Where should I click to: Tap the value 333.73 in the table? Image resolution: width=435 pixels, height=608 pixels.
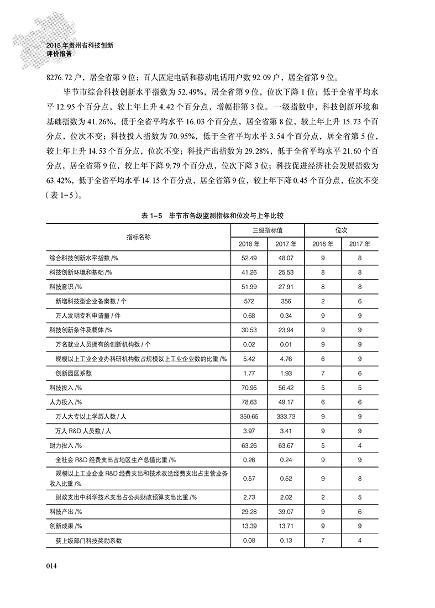pos(285,416)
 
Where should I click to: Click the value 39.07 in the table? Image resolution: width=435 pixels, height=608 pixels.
pos(285,511)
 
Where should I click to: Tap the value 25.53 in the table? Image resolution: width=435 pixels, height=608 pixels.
pos(285,272)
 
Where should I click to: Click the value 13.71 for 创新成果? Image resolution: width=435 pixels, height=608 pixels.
pos(285,526)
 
